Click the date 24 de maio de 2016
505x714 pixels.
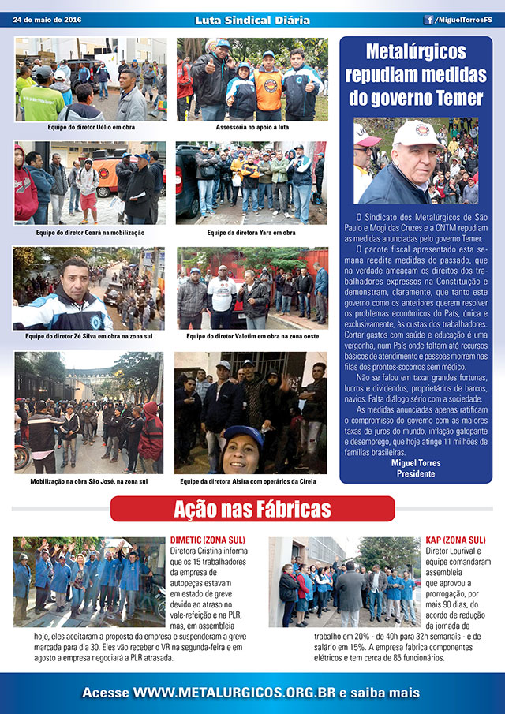47,20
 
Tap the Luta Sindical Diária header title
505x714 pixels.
252,20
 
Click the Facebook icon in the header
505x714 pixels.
429,20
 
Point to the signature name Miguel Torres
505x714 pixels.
416,462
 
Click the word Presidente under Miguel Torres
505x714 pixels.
416,473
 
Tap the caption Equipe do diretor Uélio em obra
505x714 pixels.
91,126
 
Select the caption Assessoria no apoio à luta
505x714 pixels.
251,126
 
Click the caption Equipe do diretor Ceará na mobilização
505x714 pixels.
90,233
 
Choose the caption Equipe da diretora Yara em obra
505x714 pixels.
251,233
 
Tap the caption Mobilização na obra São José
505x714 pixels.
89,480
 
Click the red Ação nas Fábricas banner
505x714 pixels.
252,508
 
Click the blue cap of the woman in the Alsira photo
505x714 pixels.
241,434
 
